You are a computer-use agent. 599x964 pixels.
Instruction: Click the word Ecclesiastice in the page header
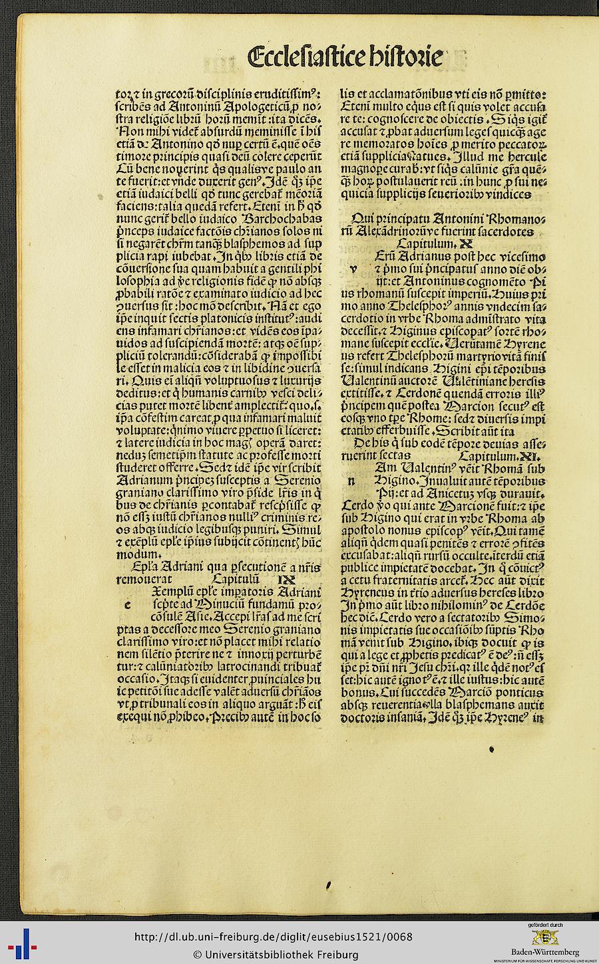click(x=305, y=57)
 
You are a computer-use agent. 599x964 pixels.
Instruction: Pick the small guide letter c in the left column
click(x=127, y=604)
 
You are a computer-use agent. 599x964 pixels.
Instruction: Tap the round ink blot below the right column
click(x=492, y=749)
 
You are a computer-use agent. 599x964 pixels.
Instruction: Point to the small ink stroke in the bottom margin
click(x=329, y=885)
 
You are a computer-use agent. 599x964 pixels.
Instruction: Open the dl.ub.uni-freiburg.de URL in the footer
click(x=273, y=937)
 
